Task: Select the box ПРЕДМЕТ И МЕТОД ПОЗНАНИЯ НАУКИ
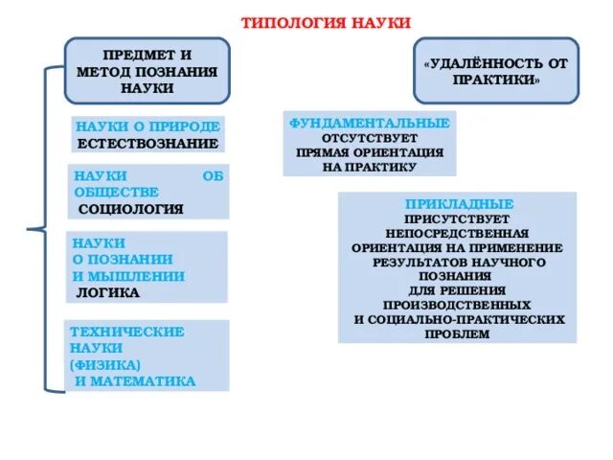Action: click(148, 72)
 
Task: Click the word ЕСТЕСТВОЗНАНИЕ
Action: click(148, 144)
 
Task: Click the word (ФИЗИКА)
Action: click(105, 365)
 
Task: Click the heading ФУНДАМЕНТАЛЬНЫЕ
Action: click(370, 124)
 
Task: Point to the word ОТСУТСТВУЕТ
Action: click(369, 138)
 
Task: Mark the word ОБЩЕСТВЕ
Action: click(109, 192)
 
